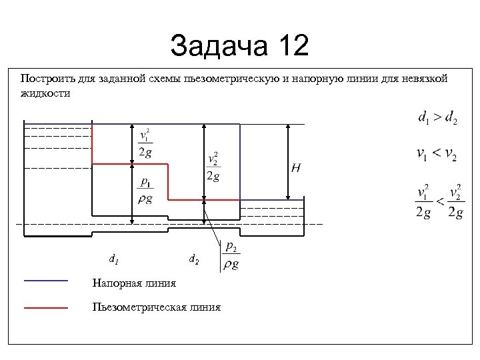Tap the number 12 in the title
click(x=291, y=46)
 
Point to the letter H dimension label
click(x=295, y=168)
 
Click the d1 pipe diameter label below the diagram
click(x=113, y=258)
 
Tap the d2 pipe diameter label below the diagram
click(x=193, y=258)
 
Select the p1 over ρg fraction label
click(x=145, y=191)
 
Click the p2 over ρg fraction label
click(x=230, y=255)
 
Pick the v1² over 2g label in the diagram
click(x=145, y=143)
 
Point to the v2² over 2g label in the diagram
click(x=213, y=167)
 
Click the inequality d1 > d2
click(x=437, y=118)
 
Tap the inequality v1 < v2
click(x=437, y=155)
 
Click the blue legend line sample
click(x=46, y=281)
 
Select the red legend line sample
click(x=46, y=308)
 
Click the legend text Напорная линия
click(x=134, y=283)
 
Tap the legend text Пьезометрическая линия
click(x=157, y=307)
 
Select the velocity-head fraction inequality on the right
click(x=439, y=201)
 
